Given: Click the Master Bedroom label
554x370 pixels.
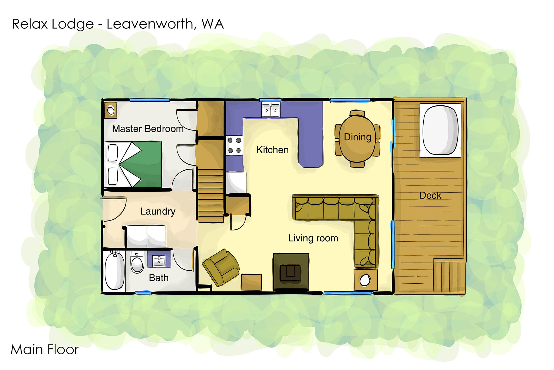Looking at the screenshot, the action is tap(148, 129).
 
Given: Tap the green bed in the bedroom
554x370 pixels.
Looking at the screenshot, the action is tap(133, 164).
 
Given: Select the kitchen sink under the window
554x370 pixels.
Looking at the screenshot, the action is tap(271, 110).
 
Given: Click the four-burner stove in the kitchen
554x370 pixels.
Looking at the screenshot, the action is tap(234, 145).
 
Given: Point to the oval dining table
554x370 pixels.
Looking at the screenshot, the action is tap(357, 138).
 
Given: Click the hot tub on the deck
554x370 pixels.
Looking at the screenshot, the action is tap(440, 130).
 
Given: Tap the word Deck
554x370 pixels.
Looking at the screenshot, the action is tap(430, 195).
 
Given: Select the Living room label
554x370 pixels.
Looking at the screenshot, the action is tap(313, 238).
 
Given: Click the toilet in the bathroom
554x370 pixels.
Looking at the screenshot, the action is tap(137, 262).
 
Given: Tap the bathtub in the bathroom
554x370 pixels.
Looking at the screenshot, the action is tap(114, 271).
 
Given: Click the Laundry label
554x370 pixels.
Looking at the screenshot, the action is tap(158, 211).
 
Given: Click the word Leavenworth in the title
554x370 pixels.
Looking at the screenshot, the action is tap(150, 24).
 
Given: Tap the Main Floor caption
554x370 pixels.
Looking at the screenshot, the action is tap(45, 349).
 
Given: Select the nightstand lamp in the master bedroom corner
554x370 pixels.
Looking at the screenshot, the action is tap(111, 110).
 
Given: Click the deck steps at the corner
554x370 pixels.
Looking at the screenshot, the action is tap(449, 276).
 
